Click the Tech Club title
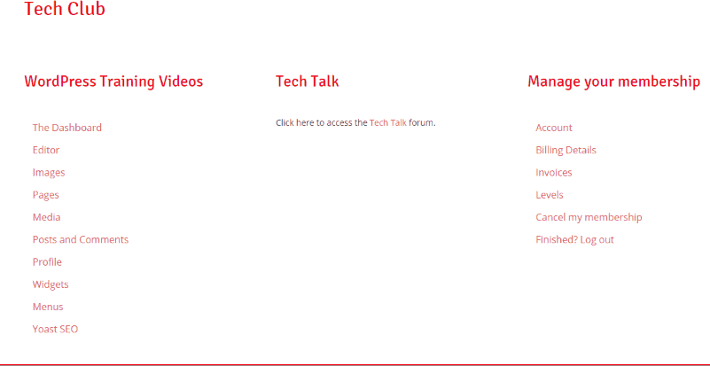tap(65, 9)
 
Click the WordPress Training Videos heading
tap(113, 82)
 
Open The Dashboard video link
tap(67, 128)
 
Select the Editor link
tap(46, 150)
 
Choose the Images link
tap(49, 173)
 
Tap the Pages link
tap(46, 195)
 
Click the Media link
tap(46, 217)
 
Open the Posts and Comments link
tap(81, 239)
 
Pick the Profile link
tap(47, 261)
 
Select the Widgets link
tap(51, 284)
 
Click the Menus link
tap(48, 307)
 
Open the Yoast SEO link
tap(55, 329)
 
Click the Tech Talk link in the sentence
tap(388, 122)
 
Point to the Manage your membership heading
tap(614, 82)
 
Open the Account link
tap(554, 128)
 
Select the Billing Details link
tap(566, 150)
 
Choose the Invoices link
tap(554, 173)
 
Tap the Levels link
tap(550, 195)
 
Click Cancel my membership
tap(589, 217)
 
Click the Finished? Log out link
tap(574, 239)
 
